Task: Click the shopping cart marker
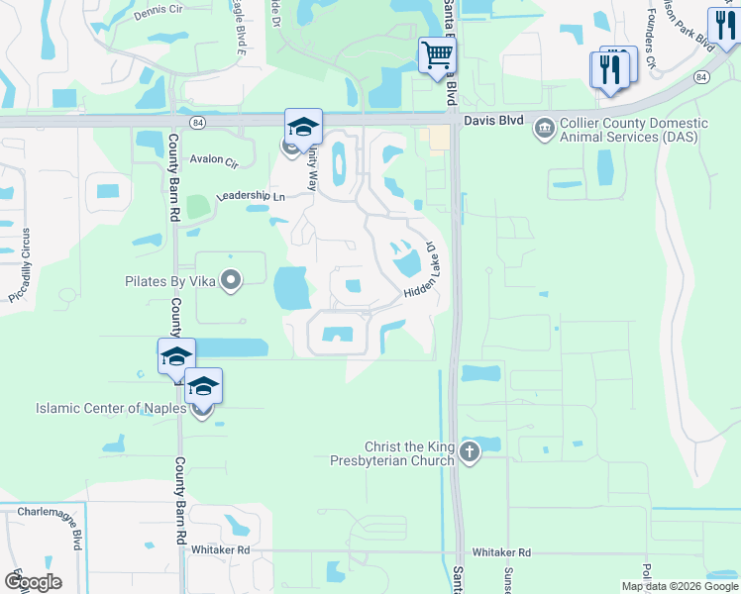436,54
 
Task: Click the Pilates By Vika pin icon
231,281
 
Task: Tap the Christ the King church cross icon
469,453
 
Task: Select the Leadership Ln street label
250,197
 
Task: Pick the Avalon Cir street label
214,160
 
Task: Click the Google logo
33,581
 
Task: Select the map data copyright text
681,586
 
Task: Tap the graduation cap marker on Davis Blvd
304,126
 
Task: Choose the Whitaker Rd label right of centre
501,552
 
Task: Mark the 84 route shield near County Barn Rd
198,122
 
